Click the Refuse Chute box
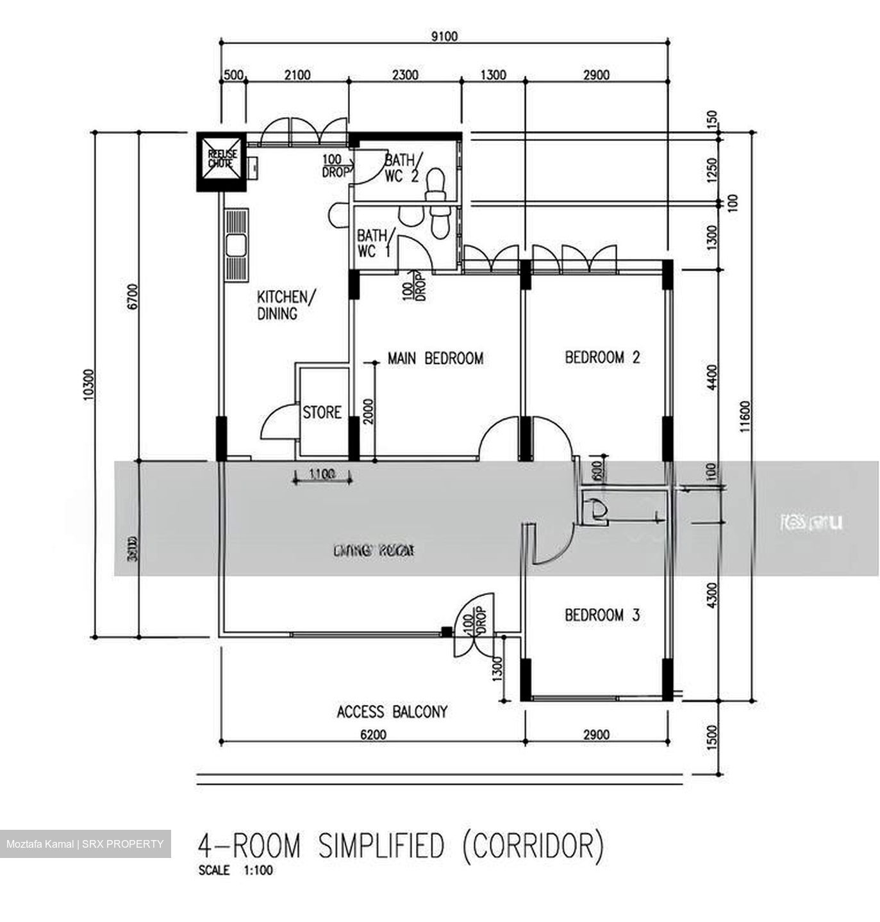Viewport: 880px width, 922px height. [221, 161]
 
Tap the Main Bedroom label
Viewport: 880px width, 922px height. [435, 359]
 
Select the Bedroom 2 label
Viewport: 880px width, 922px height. [602, 357]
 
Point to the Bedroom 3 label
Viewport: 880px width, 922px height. [602, 615]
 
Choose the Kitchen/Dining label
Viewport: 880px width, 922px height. [286, 305]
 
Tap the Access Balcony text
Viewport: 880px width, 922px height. [392, 711]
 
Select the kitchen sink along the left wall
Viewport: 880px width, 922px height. [236, 245]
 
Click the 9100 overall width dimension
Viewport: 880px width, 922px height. [444, 36]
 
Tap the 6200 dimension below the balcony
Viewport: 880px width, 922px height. [373, 734]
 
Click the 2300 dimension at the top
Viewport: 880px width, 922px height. [404, 76]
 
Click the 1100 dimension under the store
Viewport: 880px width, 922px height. [322, 474]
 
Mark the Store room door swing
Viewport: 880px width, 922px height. [277, 423]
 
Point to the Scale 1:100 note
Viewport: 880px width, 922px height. [236, 871]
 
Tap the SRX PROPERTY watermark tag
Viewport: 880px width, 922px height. [85, 844]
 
